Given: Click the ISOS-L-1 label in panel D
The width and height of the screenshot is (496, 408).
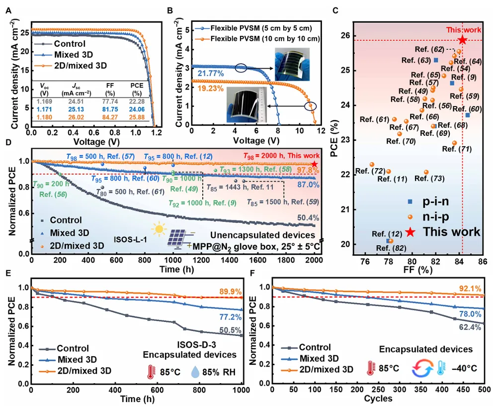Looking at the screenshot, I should [128, 232].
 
